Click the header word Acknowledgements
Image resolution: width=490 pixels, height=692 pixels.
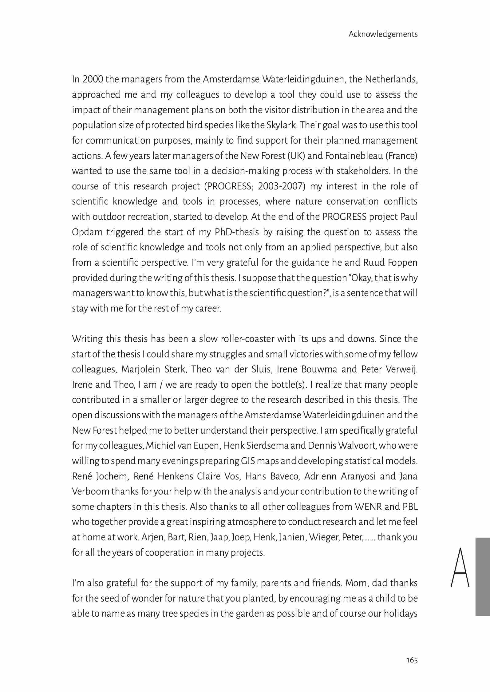click(383, 34)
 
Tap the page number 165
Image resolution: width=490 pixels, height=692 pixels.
click(412, 660)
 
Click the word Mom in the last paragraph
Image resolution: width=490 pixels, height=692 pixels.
click(356, 583)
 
